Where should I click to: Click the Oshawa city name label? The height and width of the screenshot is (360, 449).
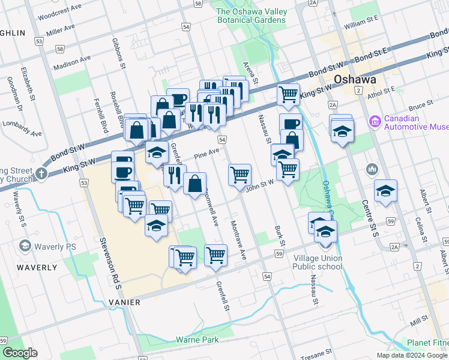[x=355, y=80]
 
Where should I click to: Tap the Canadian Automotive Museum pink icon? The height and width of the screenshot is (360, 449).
[x=376, y=122]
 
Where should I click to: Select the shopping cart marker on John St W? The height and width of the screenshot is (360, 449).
[x=240, y=175]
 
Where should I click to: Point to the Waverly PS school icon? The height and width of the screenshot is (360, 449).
[x=25, y=246]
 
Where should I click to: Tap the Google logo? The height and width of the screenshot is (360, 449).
[x=20, y=353]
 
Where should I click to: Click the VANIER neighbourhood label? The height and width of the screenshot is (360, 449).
[x=124, y=302]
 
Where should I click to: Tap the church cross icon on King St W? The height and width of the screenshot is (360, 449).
[x=41, y=173]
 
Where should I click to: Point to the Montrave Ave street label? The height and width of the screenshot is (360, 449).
[x=238, y=240]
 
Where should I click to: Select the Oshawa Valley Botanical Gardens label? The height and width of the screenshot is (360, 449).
[x=251, y=16]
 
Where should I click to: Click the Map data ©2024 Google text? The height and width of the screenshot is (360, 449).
[x=412, y=355]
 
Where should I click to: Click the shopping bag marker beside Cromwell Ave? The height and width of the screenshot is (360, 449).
[x=195, y=184]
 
